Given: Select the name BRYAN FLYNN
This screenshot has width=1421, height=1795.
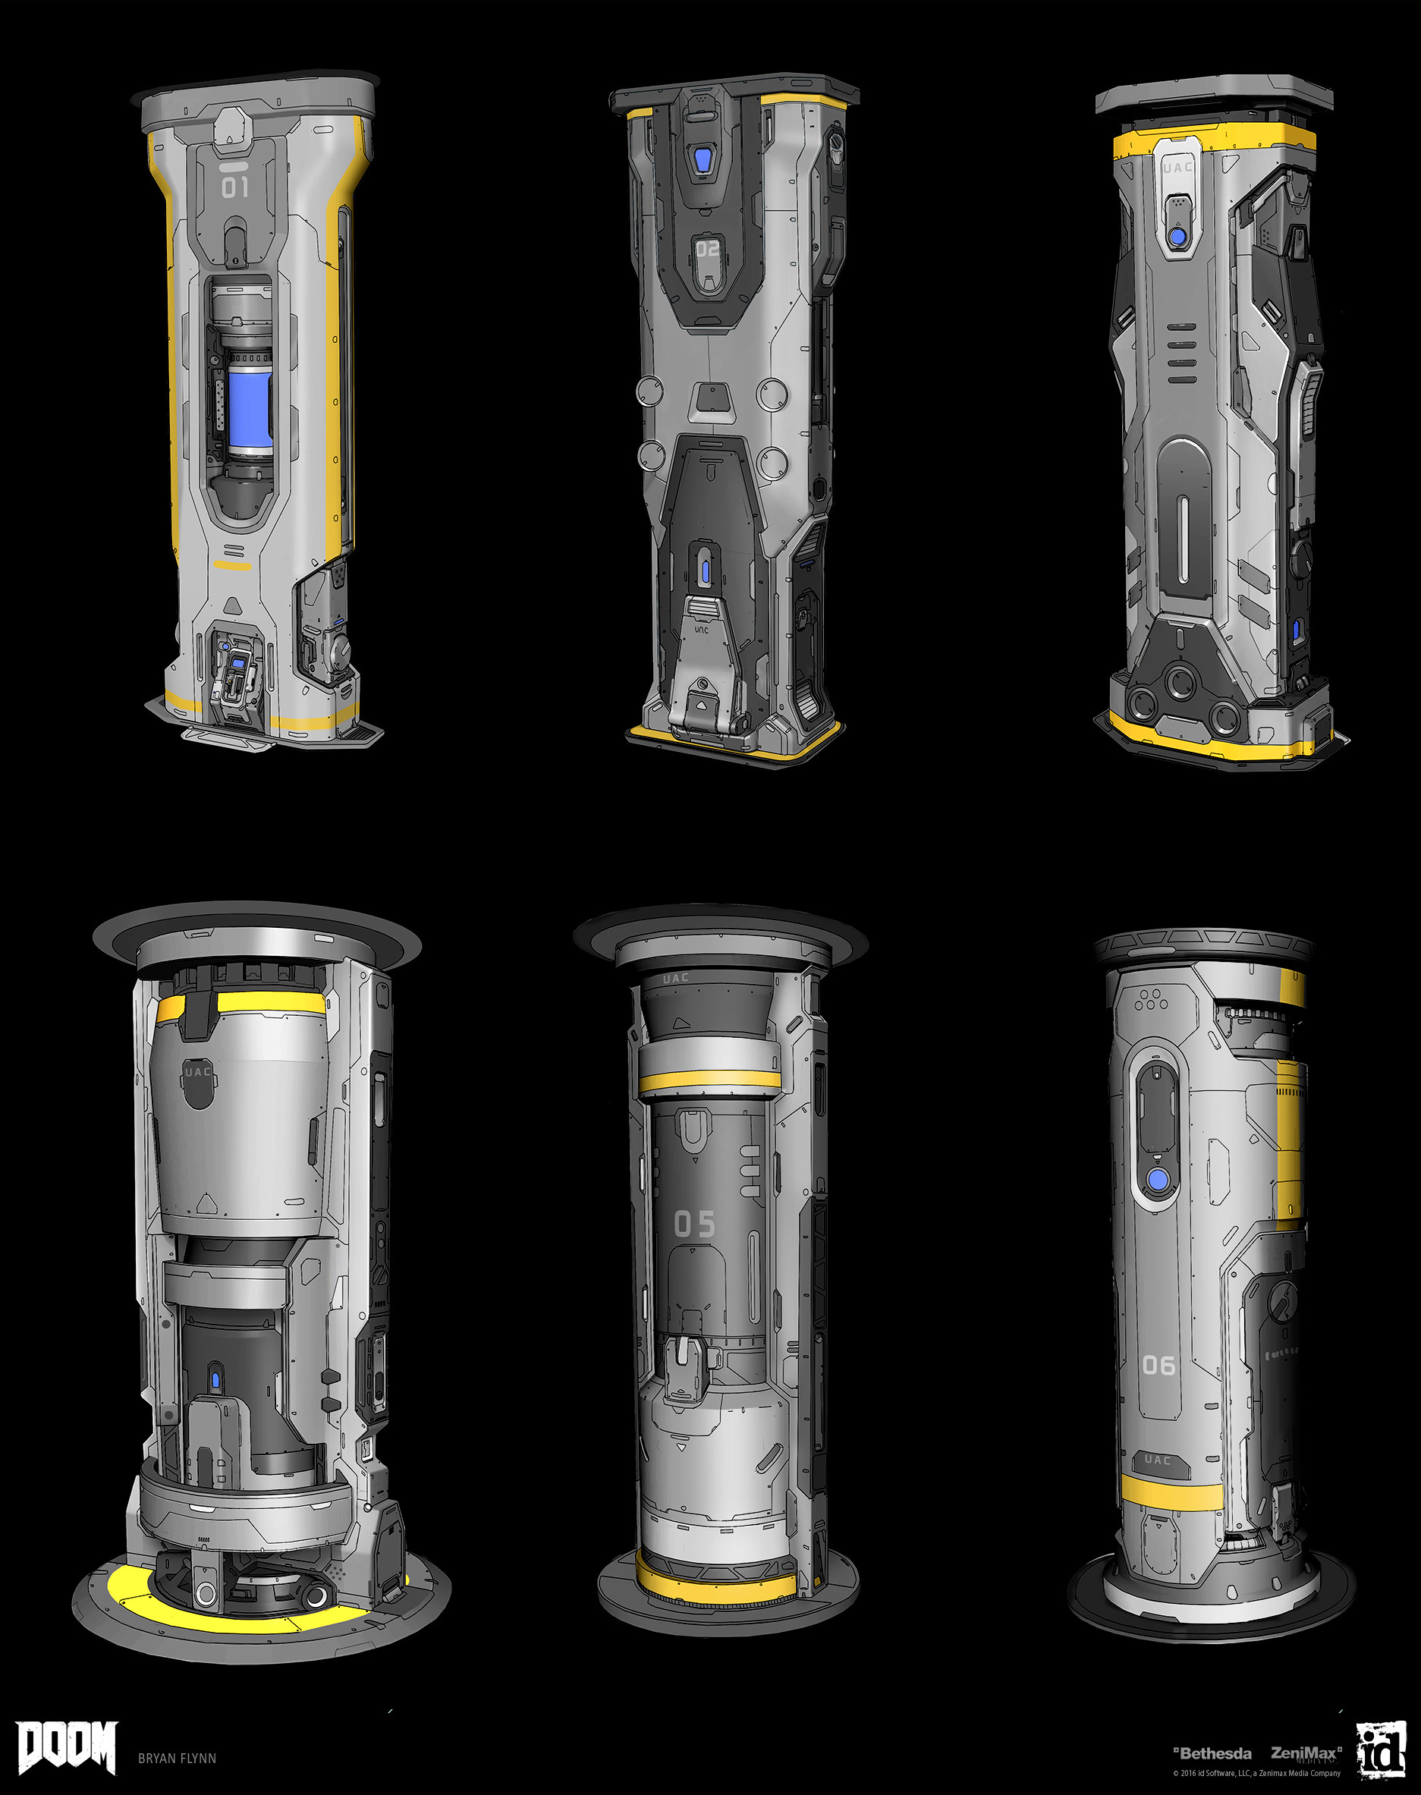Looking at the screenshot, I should point(178,1759).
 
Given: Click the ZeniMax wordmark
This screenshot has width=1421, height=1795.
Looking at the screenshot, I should point(1304,1753).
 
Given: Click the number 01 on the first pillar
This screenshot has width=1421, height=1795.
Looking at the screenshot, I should point(234,187).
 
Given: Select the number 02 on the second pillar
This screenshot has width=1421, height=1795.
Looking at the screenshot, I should point(707,249).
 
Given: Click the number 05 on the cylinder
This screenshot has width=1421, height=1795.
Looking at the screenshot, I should point(695,1224).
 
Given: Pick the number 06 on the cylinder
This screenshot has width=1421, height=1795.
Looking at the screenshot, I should point(1158,1365).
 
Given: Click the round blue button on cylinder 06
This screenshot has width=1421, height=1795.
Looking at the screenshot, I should point(1157,1180).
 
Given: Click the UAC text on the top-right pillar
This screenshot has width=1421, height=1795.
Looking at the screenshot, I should point(1177,167).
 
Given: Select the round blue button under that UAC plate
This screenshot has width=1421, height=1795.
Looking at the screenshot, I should point(1177,237).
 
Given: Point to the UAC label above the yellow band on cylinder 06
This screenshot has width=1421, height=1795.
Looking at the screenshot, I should point(1157,1460).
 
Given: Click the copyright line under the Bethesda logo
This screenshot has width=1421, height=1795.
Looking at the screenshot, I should point(1256,1773).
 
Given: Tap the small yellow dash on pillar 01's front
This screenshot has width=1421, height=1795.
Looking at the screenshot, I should point(232,566).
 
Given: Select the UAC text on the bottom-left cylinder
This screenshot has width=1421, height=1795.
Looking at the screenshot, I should point(198,1071).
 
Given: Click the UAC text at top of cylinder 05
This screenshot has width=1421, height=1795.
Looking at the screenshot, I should point(675,978).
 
